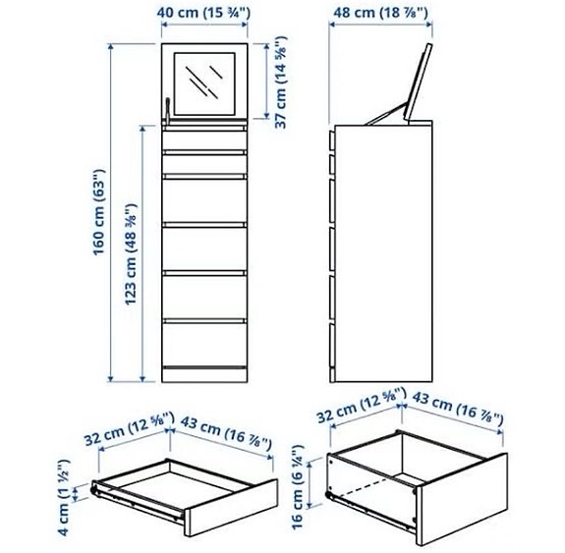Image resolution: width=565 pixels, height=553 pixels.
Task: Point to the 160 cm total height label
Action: (99, 219)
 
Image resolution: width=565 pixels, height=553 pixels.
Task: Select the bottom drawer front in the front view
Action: (205, 344)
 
